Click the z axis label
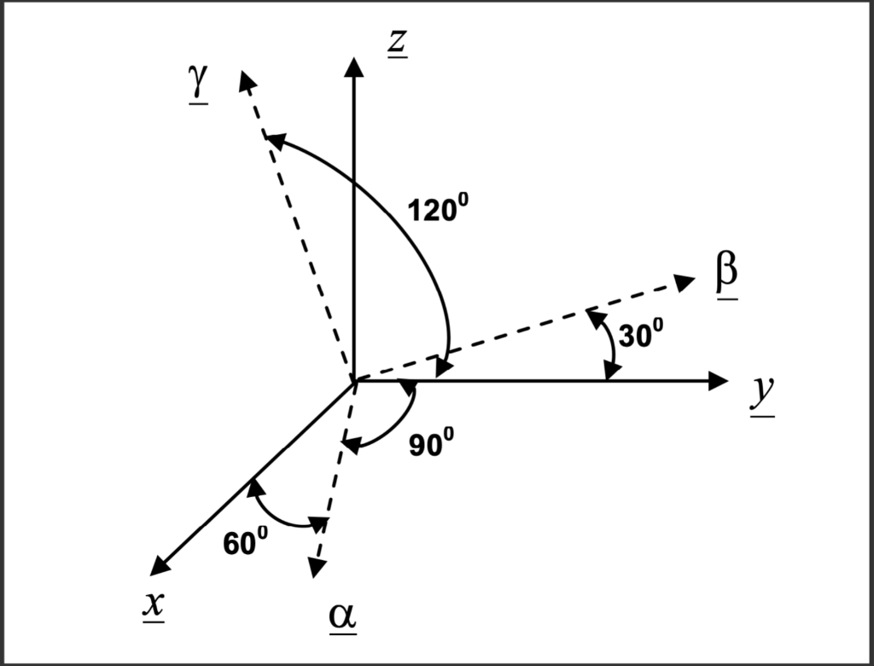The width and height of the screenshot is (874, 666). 396,44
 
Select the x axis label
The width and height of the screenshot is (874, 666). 154,605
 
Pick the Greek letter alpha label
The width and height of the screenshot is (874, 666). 343,618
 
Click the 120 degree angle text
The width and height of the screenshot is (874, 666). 439,209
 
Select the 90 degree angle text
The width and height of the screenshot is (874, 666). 431,444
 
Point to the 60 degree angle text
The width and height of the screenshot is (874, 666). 246,542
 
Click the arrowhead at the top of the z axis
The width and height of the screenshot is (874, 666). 354,67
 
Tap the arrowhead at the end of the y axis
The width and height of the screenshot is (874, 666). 719,381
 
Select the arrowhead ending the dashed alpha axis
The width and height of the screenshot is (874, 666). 317,567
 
